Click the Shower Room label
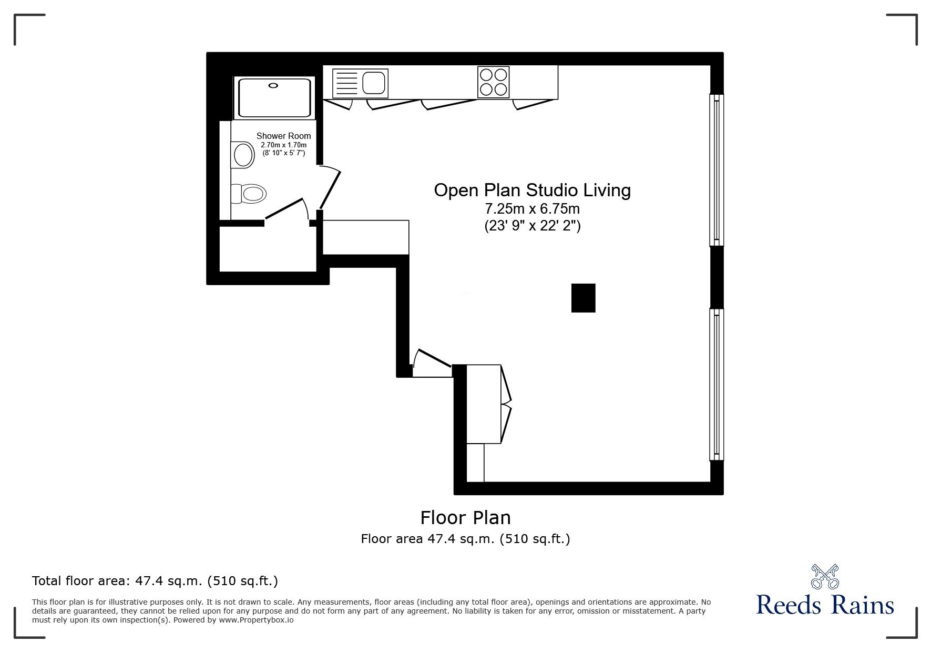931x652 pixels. (283, 136)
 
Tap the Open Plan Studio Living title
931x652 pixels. (532, 190)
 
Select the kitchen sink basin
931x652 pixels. (374, 83)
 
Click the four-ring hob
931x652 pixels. (493, 82)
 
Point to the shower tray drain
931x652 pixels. (273, 85)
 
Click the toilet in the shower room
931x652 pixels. (249, 194)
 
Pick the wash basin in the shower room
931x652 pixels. (243, 155)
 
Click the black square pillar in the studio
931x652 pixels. (584, 298)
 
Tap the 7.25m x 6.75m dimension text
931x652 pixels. (532, 209)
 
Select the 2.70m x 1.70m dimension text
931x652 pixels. (283, 145)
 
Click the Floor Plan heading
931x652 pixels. (465, 518)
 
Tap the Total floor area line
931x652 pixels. (155, 581)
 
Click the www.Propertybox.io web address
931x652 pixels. (256, 620)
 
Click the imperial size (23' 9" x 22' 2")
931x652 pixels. (532, 226)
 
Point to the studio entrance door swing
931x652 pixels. (432, 363)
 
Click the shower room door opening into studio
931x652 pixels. (330, 187)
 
